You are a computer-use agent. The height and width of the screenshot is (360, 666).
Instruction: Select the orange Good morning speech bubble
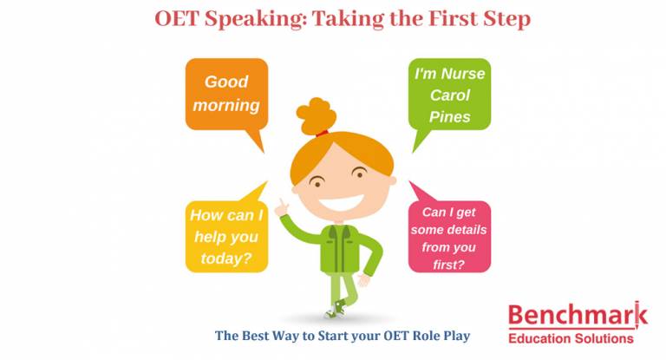[225, 94]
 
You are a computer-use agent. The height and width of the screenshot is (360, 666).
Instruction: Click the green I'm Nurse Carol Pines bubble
[450, 95]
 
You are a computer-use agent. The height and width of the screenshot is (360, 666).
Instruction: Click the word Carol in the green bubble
[450, 95]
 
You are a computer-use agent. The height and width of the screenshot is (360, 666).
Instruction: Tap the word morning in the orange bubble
[225, 106]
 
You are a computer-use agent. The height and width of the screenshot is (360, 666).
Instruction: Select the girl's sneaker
[334, 310]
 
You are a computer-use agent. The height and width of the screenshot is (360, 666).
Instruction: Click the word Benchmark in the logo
[575, 314]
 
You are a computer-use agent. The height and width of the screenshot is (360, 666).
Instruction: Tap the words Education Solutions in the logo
[575, 337]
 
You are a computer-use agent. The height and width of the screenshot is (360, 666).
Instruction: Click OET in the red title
[175, 19]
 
